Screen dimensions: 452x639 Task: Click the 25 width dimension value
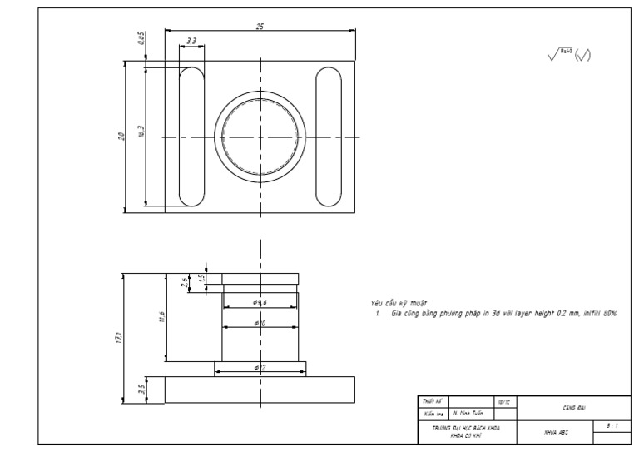click(260, 27)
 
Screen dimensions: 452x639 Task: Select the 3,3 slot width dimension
click(192, 41)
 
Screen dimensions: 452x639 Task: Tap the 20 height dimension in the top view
click(121, 136)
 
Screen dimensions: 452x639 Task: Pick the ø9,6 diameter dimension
click(259, 301)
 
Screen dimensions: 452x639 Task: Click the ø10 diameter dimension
click(259, 322)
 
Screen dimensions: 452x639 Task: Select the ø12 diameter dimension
click(259, 367)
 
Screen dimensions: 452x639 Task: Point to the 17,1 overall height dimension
click(118, 337)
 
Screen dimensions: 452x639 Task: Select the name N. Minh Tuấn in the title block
click(468, 412)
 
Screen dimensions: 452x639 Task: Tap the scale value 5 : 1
click(612, 425)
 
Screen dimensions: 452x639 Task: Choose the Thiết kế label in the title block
click(432, 401)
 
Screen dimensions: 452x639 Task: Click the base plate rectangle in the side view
click(260, 390)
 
